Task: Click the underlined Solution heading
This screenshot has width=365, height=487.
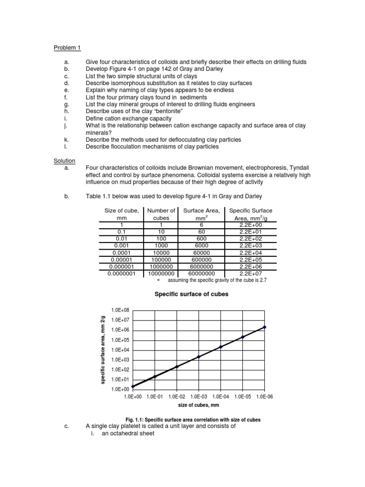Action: point(64,161)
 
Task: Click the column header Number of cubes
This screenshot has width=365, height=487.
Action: point(161,214)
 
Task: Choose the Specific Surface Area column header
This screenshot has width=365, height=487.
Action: point(250,214)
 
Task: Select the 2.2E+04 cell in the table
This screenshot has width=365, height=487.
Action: point(250,253)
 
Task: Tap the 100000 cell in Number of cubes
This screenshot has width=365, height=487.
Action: point(161,260)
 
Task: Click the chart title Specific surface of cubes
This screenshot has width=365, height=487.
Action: point(192,294)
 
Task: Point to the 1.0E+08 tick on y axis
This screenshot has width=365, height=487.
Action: point(119,310)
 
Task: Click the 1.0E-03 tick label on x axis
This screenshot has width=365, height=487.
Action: point(199,396)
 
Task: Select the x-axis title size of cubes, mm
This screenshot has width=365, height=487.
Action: point(199,405)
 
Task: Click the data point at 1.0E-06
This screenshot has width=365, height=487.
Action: point(265,327)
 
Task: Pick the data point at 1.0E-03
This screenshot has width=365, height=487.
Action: point(199,357)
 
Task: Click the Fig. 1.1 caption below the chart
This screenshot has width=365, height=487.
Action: point(193,420)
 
